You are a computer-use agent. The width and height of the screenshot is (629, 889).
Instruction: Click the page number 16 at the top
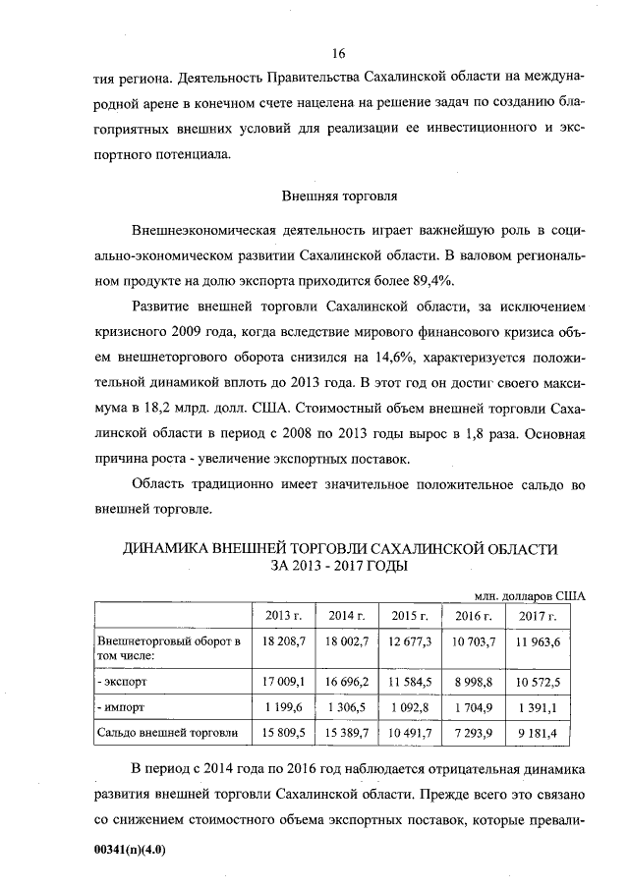tap(339, 52)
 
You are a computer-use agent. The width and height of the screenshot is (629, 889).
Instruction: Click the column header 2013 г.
tap(283, 616)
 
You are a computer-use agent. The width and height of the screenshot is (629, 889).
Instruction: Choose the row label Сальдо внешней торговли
tap(166, 732)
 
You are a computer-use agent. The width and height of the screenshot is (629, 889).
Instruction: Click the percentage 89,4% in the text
tap(427, 280)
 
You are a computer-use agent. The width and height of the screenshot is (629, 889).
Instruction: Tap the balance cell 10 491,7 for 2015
tap(411, 732)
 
